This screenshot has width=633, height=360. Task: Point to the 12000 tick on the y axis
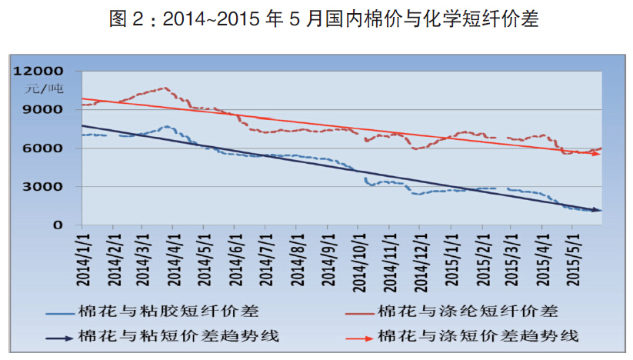(x=43, y=71)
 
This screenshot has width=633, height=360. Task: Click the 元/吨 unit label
(x=45, y=88)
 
